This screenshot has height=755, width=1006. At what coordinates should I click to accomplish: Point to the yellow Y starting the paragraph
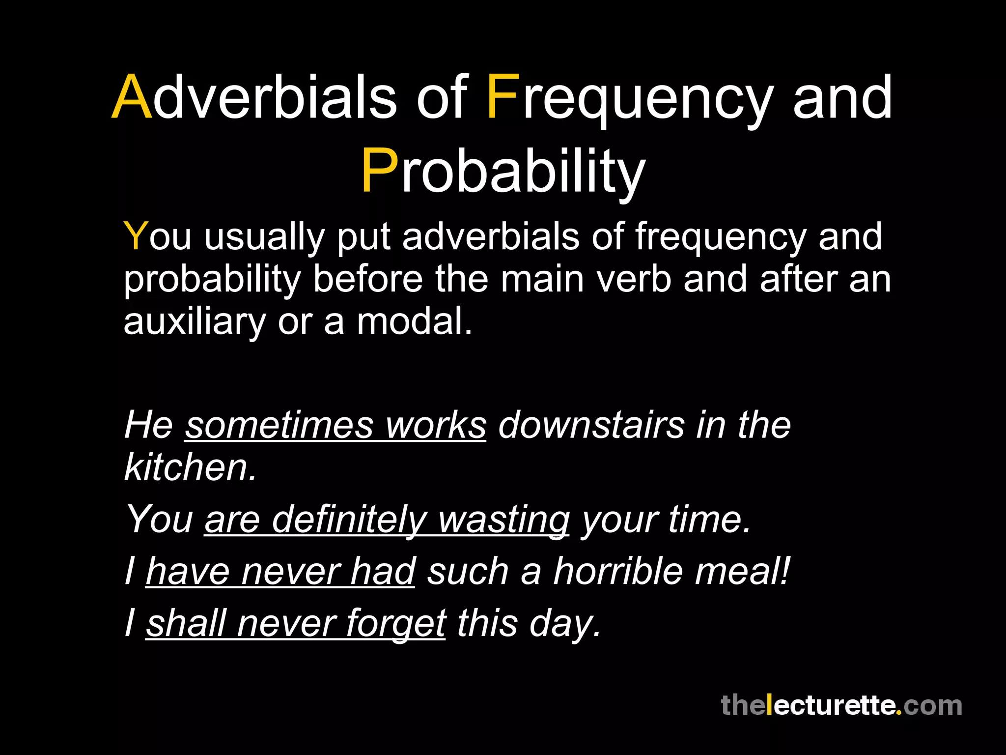coord(136,236)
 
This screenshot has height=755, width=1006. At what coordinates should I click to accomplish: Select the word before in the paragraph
coord(367,279)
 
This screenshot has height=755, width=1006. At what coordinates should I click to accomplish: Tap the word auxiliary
coord(195,322)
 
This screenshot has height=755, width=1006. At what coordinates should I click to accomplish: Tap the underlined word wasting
coord(504,520)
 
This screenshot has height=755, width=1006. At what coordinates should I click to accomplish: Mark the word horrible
coord(618,571)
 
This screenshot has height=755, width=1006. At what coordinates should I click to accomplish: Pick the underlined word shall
coord(186,623)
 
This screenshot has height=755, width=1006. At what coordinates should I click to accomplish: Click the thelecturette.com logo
coord(841,705)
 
